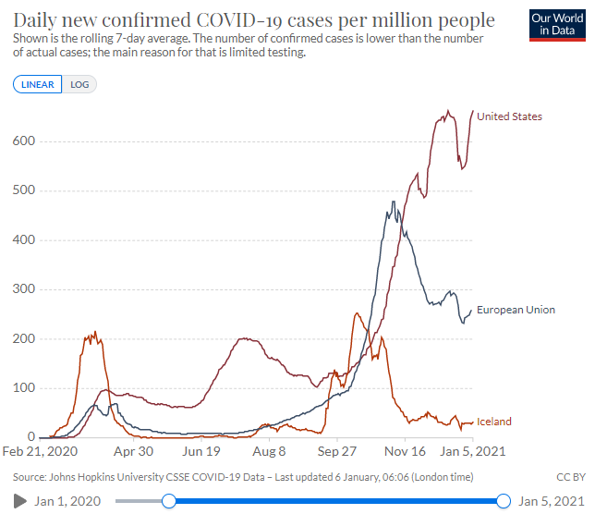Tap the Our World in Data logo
tap(557, 25)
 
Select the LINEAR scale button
tap(38, 84)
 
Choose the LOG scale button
tap(79, 84)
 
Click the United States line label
tap(509, 116)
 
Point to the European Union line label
tap(516, 310)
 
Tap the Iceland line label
tap(493, 422)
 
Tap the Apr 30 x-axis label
tap(134, 452)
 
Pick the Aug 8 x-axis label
tap(270, 452)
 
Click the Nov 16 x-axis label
tap(406, 452)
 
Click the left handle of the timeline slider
tap(168, 501)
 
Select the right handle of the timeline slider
tap(504, 501)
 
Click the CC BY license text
tap(571, 477)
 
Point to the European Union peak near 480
tap(395, 202)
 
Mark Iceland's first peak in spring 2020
tap(92, 333)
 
